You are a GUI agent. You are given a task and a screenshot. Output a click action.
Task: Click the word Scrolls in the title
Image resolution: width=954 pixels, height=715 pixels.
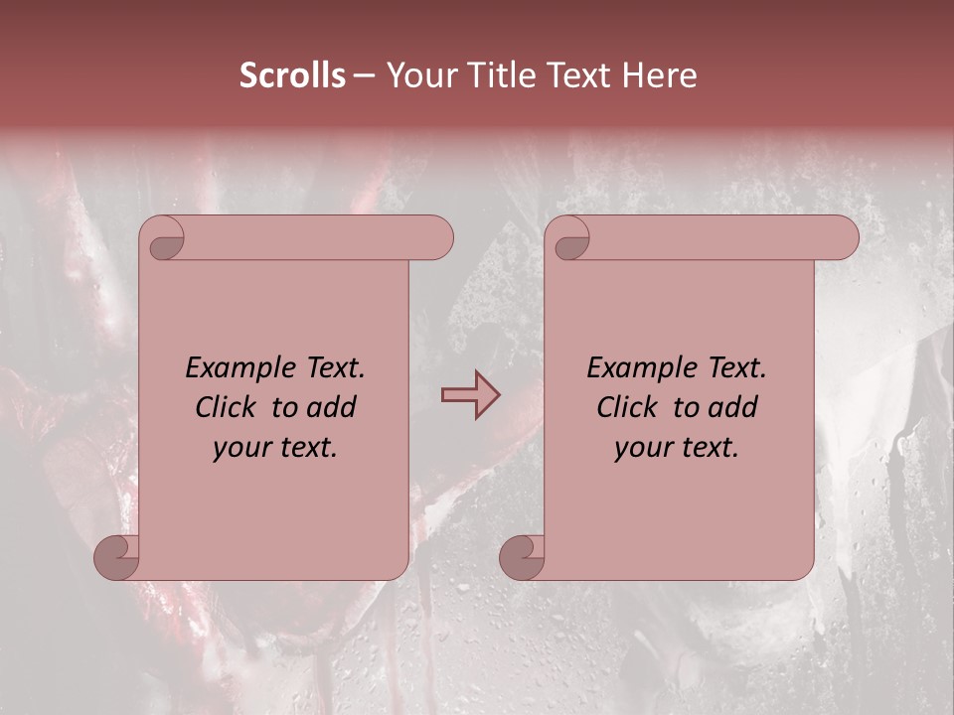(x=293, y=75)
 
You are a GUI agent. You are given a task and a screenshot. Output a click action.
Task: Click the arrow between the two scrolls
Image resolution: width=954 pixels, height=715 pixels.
(x=471, y=395)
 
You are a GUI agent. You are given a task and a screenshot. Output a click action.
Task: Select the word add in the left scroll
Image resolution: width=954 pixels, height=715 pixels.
(x=332, y=407)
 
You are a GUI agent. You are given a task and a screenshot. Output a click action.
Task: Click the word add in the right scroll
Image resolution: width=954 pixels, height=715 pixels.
(x=733, y=407)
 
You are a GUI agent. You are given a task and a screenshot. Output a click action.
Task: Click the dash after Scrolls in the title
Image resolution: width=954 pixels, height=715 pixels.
(x=364, y=76)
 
